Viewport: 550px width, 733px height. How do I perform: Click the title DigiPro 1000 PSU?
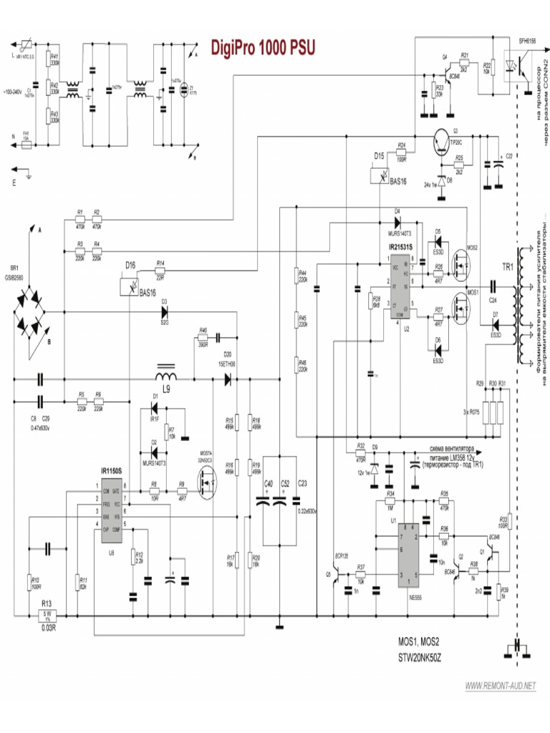coord(261,47)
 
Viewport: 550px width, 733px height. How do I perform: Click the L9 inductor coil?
coord(167,377)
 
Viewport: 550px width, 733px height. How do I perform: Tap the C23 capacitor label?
coord(301,484)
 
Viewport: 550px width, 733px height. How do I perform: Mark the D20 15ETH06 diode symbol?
coord(228,380)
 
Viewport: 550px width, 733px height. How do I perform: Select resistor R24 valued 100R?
coord(401,152)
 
